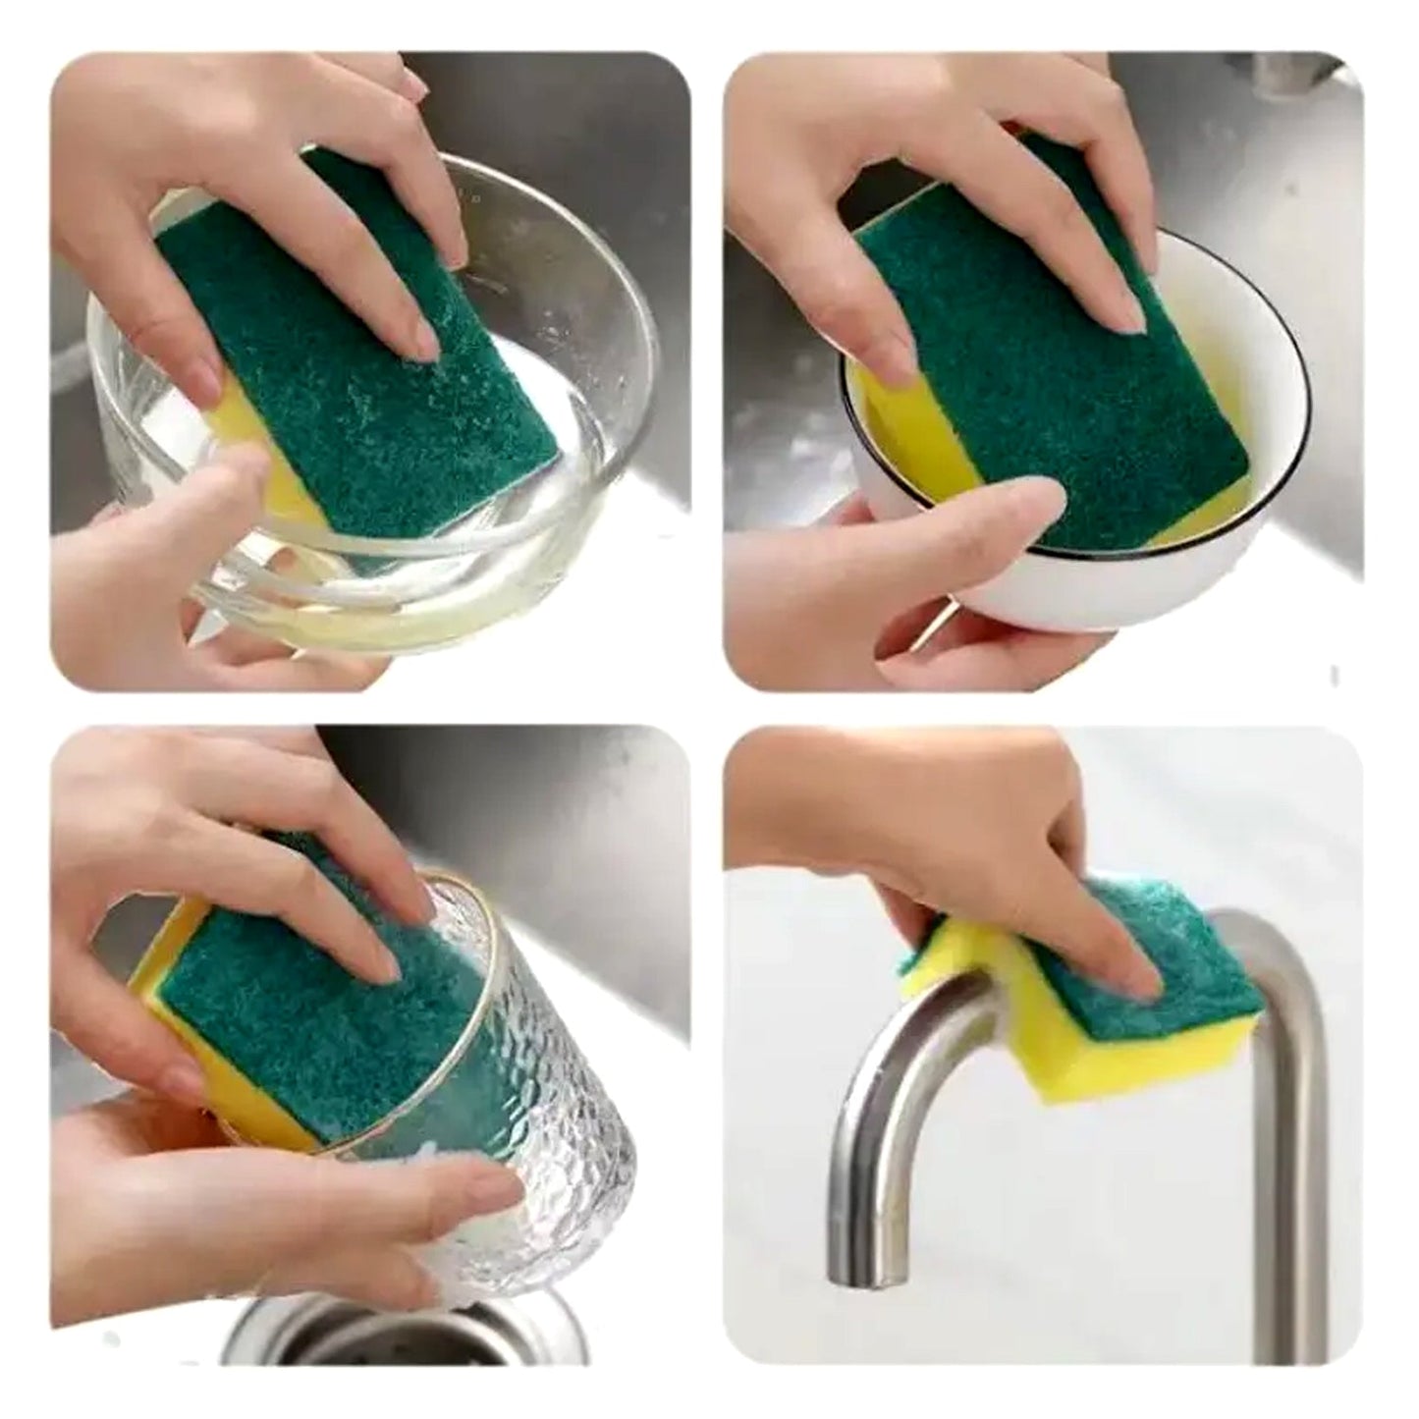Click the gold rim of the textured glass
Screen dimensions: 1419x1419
462,884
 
